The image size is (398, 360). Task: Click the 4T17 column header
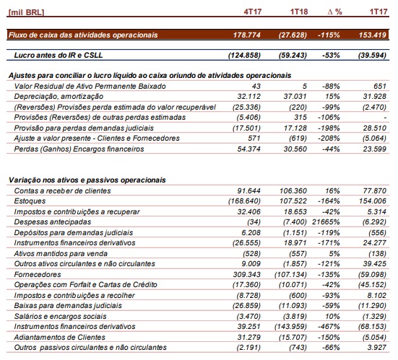[253, 12]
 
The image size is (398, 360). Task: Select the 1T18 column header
[299, 12]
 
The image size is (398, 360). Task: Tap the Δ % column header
[335, 12]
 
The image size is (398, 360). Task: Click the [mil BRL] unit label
[26, 12]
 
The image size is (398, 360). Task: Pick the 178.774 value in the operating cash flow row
[247, 35]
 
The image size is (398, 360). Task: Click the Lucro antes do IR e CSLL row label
[59, 56]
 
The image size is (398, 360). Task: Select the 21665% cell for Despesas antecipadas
[326, 221]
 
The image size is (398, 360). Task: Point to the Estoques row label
[30, 201]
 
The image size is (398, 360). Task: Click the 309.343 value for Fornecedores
[247, 274]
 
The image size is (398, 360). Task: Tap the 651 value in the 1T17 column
[380, 86]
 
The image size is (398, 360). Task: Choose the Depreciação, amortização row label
[59, 97]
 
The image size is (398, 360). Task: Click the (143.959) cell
[290, 327]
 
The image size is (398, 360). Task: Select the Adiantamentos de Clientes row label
[60, 337]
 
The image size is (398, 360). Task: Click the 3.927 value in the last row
[377, 347]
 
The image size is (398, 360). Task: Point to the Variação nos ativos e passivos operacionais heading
[87, 180]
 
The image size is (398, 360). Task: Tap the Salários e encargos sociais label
[61, 316]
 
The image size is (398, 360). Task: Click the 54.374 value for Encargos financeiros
[249, 149]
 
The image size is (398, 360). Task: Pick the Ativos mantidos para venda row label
[61, 253]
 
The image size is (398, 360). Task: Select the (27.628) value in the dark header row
[293, 35]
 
